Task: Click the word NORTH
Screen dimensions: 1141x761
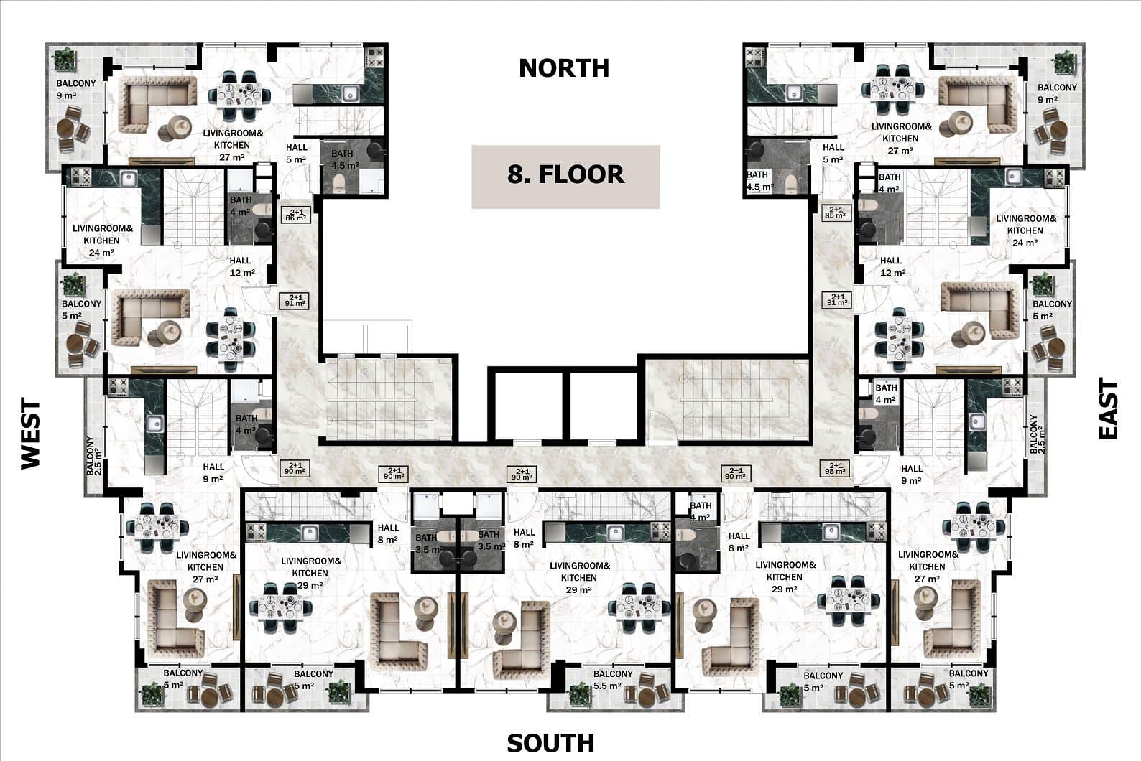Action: (x=564, y=68)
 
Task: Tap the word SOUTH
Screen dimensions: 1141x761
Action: (x=550, y=744)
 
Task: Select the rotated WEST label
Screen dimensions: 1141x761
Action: (x=31, y=434)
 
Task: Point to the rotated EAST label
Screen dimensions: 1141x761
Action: (x=1108, y=408)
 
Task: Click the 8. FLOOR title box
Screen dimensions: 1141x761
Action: (x=565, y=177)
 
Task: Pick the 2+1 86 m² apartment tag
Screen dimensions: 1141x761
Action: (x=295, y=215)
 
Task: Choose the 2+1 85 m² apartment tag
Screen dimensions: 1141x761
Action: (x=836, y=213)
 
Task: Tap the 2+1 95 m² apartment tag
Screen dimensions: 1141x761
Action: (x=836, y=468)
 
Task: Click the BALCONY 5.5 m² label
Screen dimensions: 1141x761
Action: (x=612, y=680)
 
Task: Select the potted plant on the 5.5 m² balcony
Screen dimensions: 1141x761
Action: (x=579, y=694)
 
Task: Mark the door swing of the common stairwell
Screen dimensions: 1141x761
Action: (x=660, y=428)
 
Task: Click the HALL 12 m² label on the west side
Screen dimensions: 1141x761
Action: (x=241, y=266)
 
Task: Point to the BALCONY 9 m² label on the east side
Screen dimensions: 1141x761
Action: (x=1058, y=93)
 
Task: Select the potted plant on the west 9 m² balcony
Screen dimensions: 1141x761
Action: (x=65, y=60)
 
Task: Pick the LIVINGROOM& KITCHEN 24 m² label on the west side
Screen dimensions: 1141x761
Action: (x=102, y=241)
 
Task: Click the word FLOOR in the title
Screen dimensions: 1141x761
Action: (x=581, y=174)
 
